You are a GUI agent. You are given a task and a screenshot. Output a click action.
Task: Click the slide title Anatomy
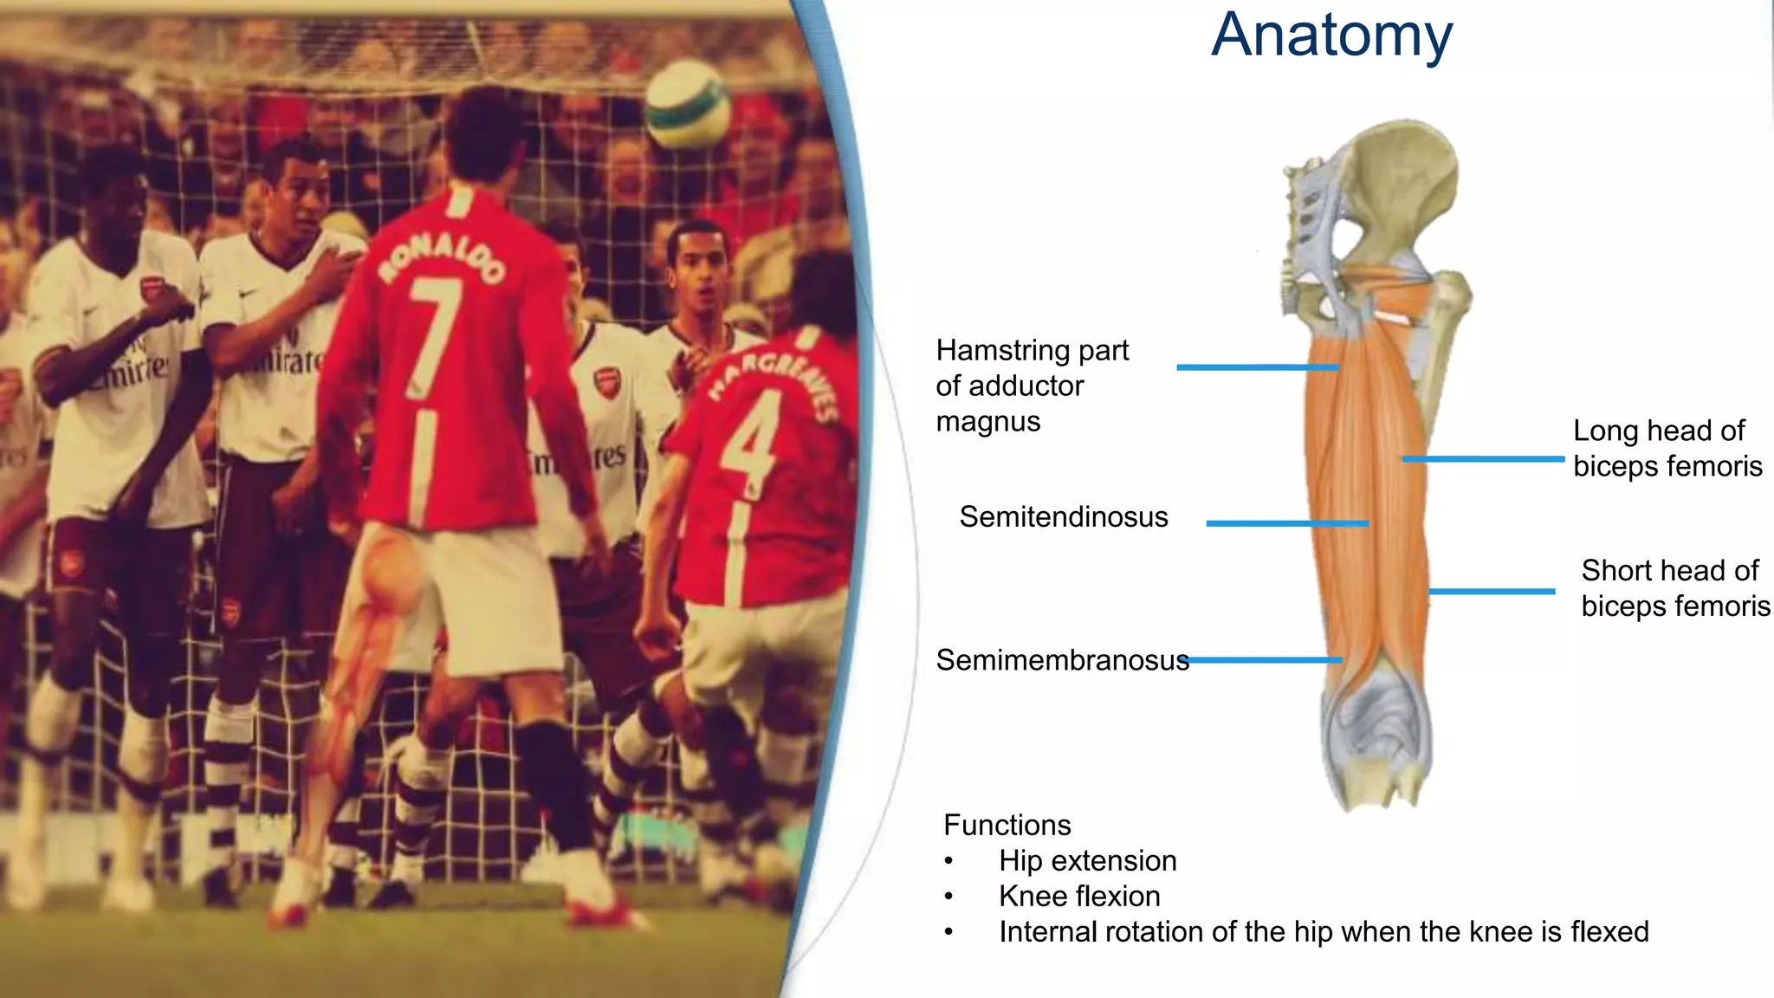click(x=1331, y=36)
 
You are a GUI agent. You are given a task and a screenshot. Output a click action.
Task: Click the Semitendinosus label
click(x=1063, y=517)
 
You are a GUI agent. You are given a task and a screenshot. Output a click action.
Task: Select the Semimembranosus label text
click(x=1062, y=661)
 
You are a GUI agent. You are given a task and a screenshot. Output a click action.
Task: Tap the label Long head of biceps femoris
click(x=1667, y=449)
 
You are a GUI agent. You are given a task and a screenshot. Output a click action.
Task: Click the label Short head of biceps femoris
click(x=1674, y=588)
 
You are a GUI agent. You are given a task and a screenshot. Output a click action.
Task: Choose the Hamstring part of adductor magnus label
click(x=1031, y=386)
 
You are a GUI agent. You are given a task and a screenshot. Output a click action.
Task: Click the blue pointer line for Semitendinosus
click(x=1286, y=523)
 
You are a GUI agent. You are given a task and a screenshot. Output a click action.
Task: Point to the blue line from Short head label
click(x=1491, y=592)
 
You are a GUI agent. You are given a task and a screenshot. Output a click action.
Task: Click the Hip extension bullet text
click(x=1087, y=861)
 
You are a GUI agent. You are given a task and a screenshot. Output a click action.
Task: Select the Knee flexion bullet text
click(x=1079, y=897)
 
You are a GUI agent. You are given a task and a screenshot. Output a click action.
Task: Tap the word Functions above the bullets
click(x=1007, y=826)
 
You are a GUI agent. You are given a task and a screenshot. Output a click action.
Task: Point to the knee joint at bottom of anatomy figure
click(x=1376, y=736)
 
